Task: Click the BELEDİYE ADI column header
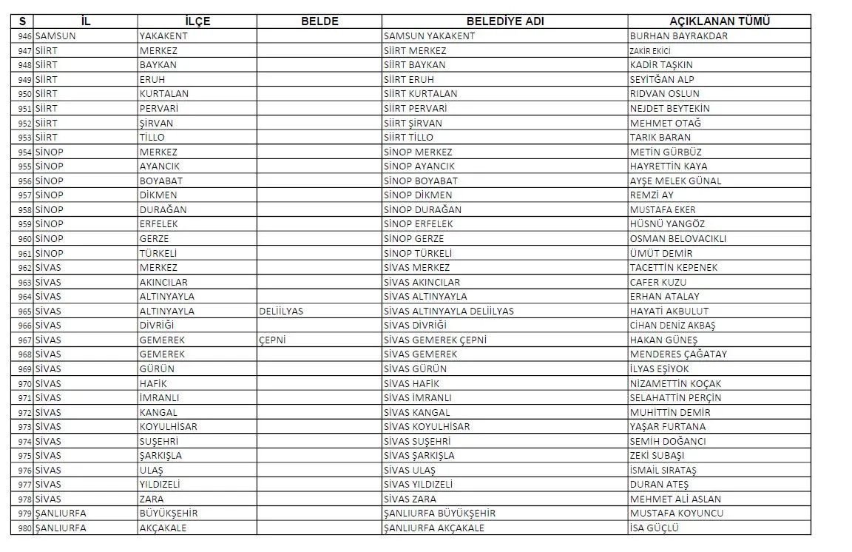(x=505, y=21)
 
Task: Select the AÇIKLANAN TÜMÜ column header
(x=719, y=21)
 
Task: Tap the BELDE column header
(x=319, y=21)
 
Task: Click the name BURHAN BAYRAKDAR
(x=678, y=36)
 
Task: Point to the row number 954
(x=24, y=152)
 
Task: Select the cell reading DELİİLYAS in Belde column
(x=281, y=311)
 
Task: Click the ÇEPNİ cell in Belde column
(x=272, y=340)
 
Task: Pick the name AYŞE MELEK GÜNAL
(x=675, y=181)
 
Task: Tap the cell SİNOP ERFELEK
(x=418, y=224)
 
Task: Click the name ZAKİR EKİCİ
(x=650, y=50)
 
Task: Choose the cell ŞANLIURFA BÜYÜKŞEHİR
(x=439, y=513)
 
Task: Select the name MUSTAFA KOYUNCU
(x=677, y=513)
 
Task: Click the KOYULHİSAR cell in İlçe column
(x=168, y=426)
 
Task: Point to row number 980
(x=24, y=528)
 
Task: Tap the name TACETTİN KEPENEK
(x=673, y=267)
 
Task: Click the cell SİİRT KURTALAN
(x=420, y=93)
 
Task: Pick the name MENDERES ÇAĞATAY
(x=678, y=354)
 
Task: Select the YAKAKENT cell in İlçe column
(x=163, y=36)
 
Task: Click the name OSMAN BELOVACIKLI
(x=677, y=238)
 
